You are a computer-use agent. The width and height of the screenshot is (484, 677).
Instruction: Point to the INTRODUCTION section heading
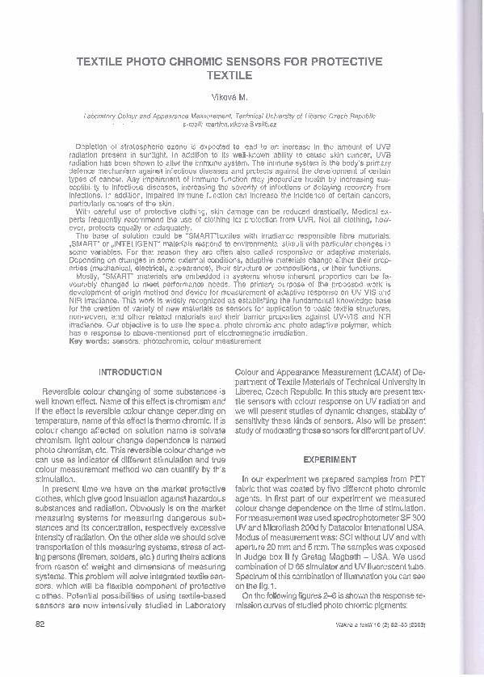click(129, 372)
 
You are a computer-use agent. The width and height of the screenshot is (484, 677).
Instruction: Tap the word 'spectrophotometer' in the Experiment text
click(368, 516)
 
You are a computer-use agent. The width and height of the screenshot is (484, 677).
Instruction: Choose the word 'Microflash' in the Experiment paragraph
click(280, 526)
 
